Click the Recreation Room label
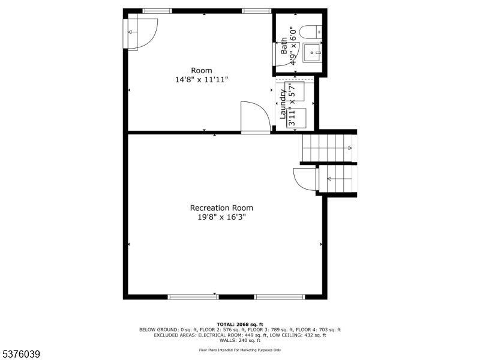click(x=221, y=208)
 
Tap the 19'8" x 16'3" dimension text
click(x=221, y=217)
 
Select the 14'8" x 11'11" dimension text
click(x=202, y=80)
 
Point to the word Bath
click(x=284, y=46)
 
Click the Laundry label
click(x=283, y=104)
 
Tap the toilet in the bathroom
click(x=310, y=32)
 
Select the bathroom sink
click(x=312, y=53)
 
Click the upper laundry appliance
click(x=295, y=91)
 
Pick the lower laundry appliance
click(x=296, y=118)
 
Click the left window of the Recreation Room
click(x=193, y=296)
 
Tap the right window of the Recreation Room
click(x=280, y=296)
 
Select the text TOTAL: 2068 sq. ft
click(x=240, y=325)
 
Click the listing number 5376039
click(x=20, y=355)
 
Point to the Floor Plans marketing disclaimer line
click(x=240, y=350)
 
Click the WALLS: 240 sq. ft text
click(x=240, y=340)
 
